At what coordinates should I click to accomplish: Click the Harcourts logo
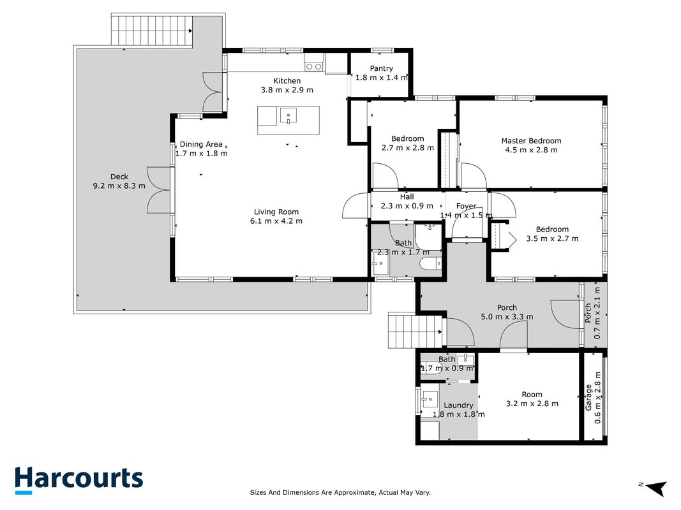tap(79, 480)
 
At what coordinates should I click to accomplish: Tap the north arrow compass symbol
tap(656, 488)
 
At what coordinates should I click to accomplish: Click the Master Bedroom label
tap(531, 140)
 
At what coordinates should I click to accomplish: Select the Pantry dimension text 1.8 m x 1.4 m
tap(382, 78)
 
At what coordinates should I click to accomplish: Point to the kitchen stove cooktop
tap(313, 66)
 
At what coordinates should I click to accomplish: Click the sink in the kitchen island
tap(288, 116)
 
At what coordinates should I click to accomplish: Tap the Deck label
tap(119, 177)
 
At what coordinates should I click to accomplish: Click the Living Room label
tap(276, 212)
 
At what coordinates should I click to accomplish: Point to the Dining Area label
tap(201, 144)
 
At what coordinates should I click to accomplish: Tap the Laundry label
tap(458, 405)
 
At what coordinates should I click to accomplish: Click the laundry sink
tap(430, 398)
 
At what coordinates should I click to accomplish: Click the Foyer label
tap(467, 206)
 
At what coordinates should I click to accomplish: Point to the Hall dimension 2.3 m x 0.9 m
tap(407, 205)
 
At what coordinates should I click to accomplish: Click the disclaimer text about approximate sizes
tap(341, 492)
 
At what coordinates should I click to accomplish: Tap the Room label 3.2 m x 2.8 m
tap(532, 399)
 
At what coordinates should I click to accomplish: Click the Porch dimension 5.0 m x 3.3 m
tap(507, 317)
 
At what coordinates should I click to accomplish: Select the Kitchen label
tap(287, 81)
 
